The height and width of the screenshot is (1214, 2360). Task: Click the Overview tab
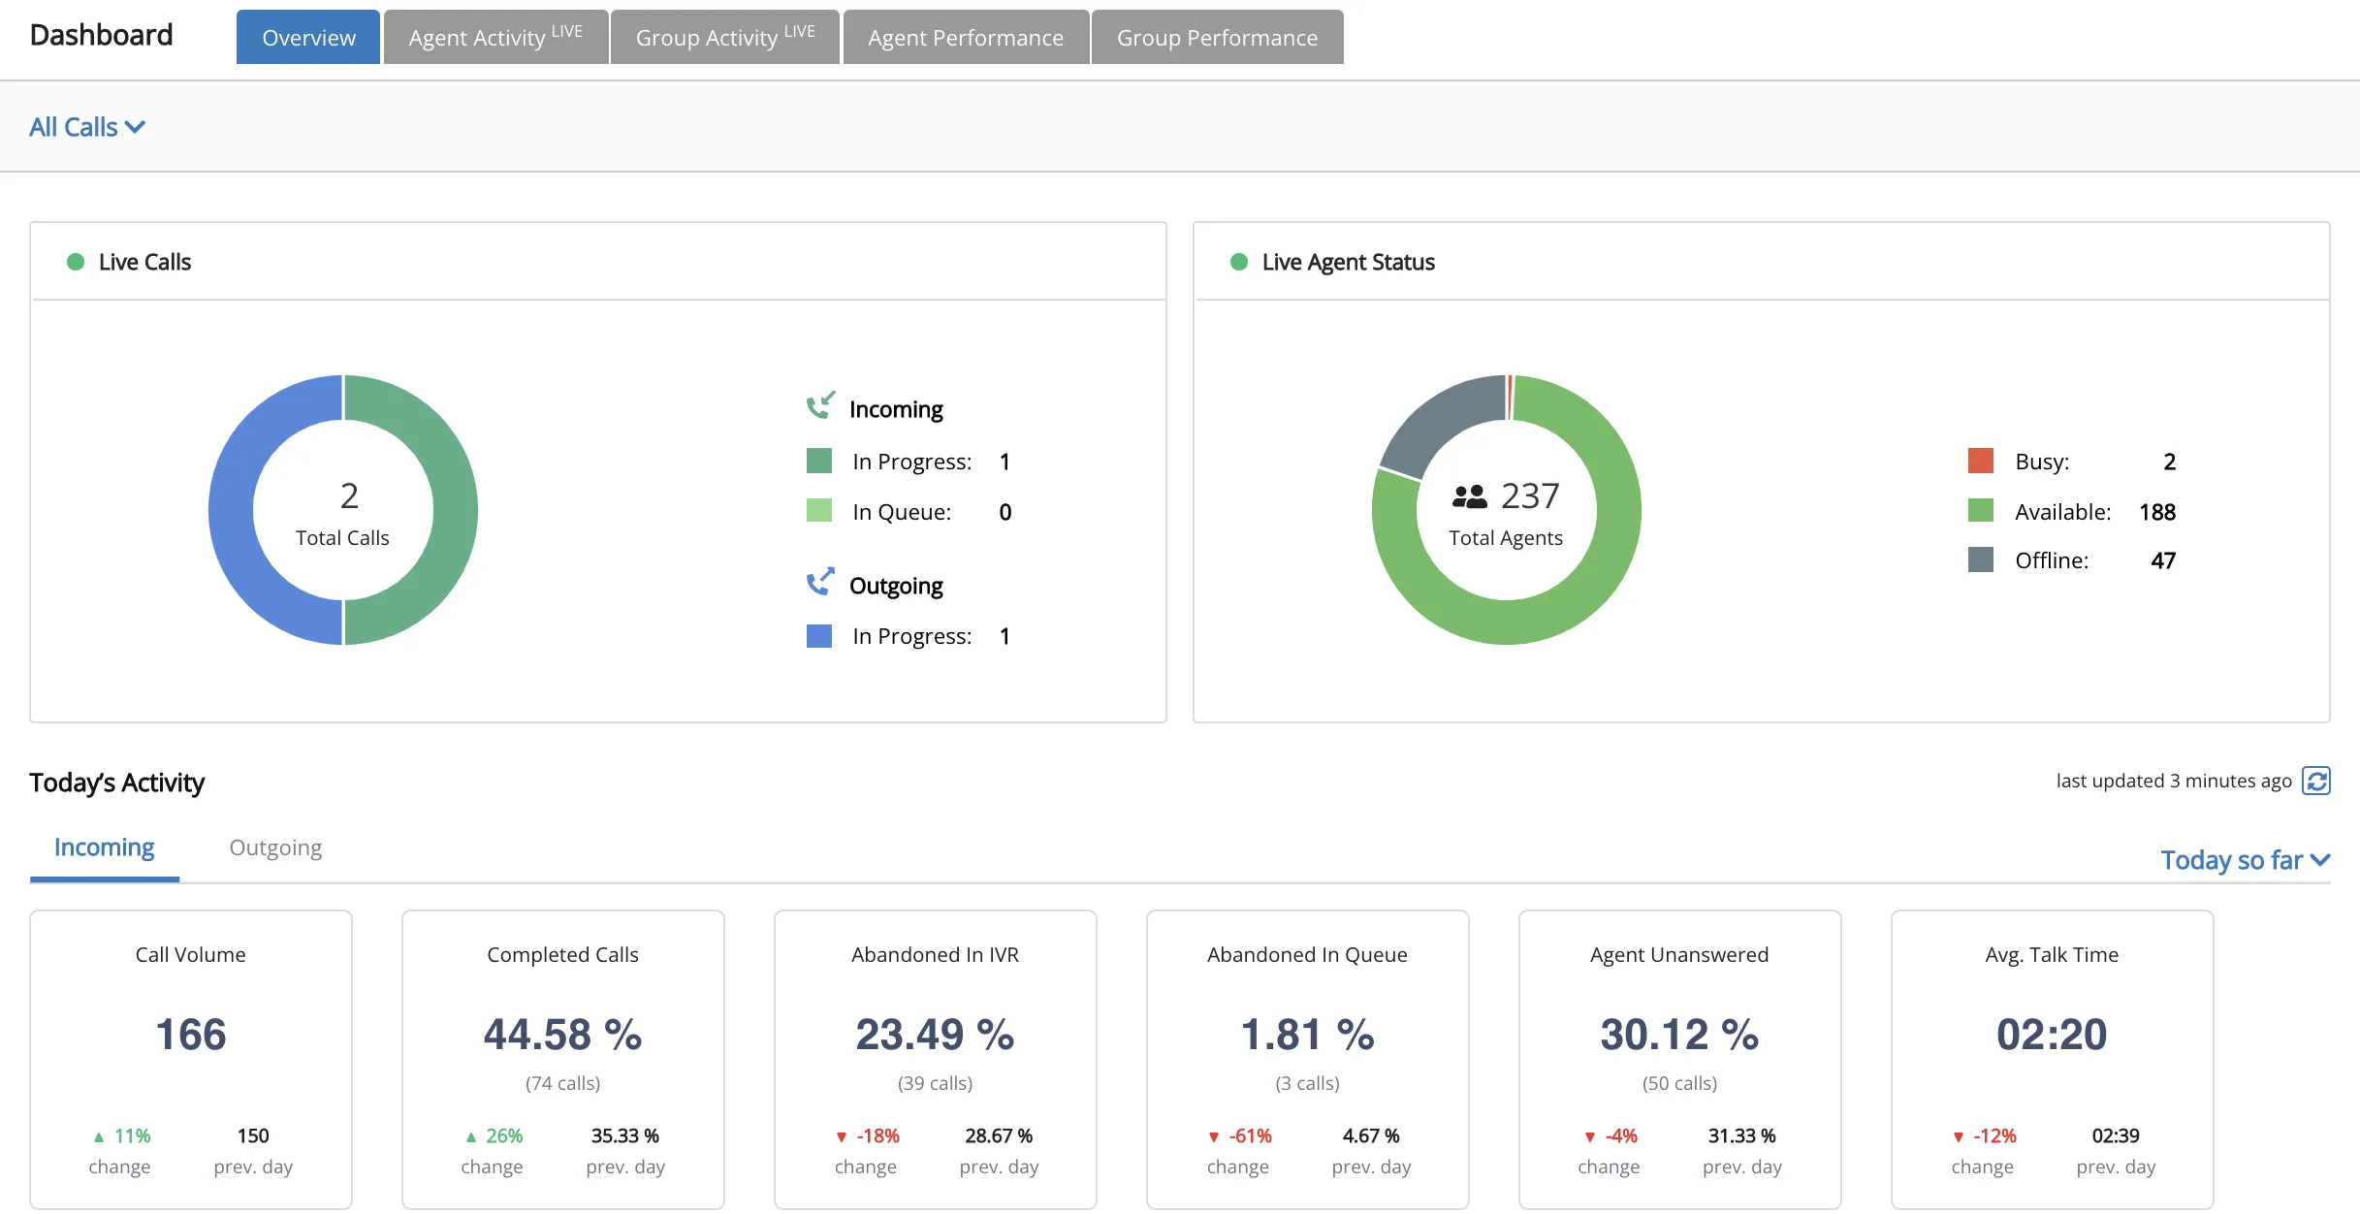pos(308,37)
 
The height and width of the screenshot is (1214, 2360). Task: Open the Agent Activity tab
pos(495,37)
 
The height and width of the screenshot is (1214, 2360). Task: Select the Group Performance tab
pos(1217,37)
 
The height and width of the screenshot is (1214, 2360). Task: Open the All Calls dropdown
pos(87,127)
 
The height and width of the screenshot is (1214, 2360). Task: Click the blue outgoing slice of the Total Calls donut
pos(231,510)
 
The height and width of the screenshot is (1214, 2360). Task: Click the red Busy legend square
pos(1981,461)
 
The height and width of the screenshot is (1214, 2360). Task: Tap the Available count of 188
pos(2157,512)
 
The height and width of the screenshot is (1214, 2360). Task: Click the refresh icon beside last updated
pos(2316,781)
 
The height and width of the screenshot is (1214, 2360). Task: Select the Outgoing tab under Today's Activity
pos(275,847)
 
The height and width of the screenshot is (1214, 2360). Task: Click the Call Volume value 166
pos(191,1035)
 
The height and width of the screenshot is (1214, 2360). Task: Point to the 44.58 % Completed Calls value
pos(563,1035)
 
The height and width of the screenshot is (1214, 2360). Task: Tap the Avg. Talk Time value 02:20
pos(2052,1035)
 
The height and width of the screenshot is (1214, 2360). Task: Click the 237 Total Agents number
pos(1530,495)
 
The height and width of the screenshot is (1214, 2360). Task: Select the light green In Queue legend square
pos(819,510)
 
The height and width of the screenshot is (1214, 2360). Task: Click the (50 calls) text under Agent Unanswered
pos(1679,1083)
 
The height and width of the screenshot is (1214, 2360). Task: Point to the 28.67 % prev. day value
pos(999,1135)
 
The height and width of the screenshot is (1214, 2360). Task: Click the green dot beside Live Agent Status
pos(1238,262)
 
